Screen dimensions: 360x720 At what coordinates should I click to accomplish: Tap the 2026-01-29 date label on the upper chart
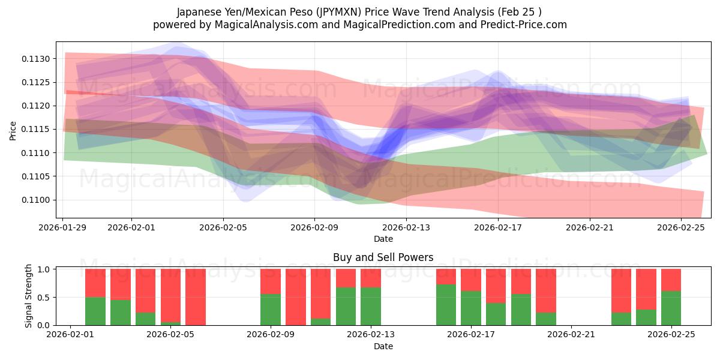[x=63, y=227]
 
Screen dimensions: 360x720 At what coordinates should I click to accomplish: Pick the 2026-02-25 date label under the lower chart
[x=671, y=335]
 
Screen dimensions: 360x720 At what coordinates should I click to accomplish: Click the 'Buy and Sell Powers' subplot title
[x=383, y=258]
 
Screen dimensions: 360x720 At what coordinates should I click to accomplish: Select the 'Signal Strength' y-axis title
[x=29, y=296]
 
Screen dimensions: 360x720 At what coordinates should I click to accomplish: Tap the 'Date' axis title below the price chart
[x=383, y=239]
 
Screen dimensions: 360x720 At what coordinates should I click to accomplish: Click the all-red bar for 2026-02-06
[x=196, y=297]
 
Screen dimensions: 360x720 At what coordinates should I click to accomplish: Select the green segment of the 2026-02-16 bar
[x=446, y=305]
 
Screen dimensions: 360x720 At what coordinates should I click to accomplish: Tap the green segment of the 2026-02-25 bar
[x=671, y=308]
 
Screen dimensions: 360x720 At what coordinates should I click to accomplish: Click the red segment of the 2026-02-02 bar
[x=95, y=283]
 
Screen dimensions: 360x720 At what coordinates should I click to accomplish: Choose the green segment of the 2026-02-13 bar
[x=371, y=306]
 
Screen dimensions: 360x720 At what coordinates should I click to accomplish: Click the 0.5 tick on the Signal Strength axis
[x=43, y=297]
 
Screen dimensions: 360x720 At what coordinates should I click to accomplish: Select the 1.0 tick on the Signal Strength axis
[x=43, y=269]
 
